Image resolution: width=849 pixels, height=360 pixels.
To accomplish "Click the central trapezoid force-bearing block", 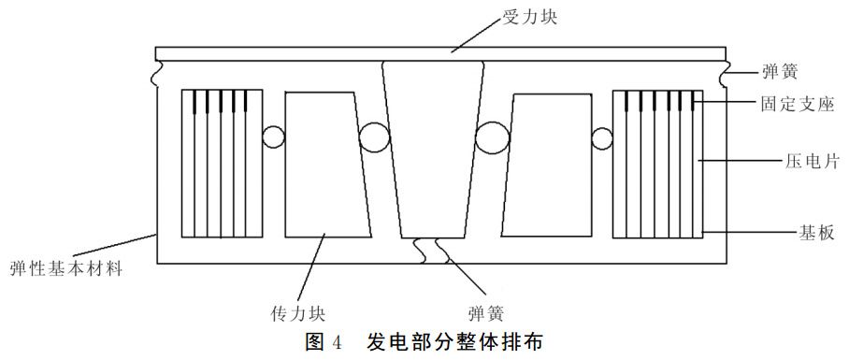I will pyautogui.click(x=436, y=150).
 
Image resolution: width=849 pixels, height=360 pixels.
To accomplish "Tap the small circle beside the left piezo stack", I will pyautogui.click(x=273, y=137).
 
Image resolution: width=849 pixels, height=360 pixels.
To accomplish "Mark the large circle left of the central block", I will pyautogui.click(x=374, y=138).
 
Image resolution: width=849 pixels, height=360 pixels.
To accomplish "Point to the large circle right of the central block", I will pyautogui.click(x=492, y=139).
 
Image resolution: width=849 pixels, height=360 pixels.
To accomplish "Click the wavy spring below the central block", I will pyautogui.click(x=431, y=249).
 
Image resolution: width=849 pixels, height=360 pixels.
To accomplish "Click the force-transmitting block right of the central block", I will pyautogui.click(x=548, y=164).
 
